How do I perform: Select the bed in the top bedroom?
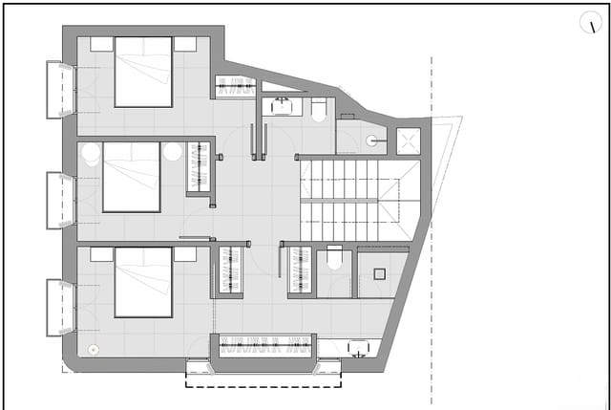pyautogui.click(x=143, y=72)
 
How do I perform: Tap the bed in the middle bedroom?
pyautogui.click(x=131, y=177)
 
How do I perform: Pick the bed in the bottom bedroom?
pyautogui.click(x=143, y=282)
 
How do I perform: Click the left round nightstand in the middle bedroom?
pyautogui.click(x=91, y=153)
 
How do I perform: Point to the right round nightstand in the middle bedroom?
pyautogui.click(x=173, y=151)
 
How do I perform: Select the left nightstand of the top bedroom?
pyautogui.click(x=101, y=44)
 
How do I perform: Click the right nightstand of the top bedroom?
pyautogui.click(x=185, y=44)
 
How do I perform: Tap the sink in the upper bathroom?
pyautogui.click(x=284, y=105)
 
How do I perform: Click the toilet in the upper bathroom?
pyautogui.click(x=319, y=109)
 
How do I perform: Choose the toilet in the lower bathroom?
pyautogui.click(x=334, y=260)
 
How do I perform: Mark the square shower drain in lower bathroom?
pyautogui.click(x=379, y=273)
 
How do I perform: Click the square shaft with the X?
pyautogui.click(x=409, y=140)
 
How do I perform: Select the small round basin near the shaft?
pyautogui.click(x=371, y=140)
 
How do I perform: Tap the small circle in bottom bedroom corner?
pyautogui.click(x=93, y=349)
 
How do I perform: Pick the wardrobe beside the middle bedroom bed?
pyautogui.click(x=198, y=167)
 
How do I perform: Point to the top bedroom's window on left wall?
pyautogui.click(x=59, y=90)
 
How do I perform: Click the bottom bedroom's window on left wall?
pyautogui.click(x=59, y=308)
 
